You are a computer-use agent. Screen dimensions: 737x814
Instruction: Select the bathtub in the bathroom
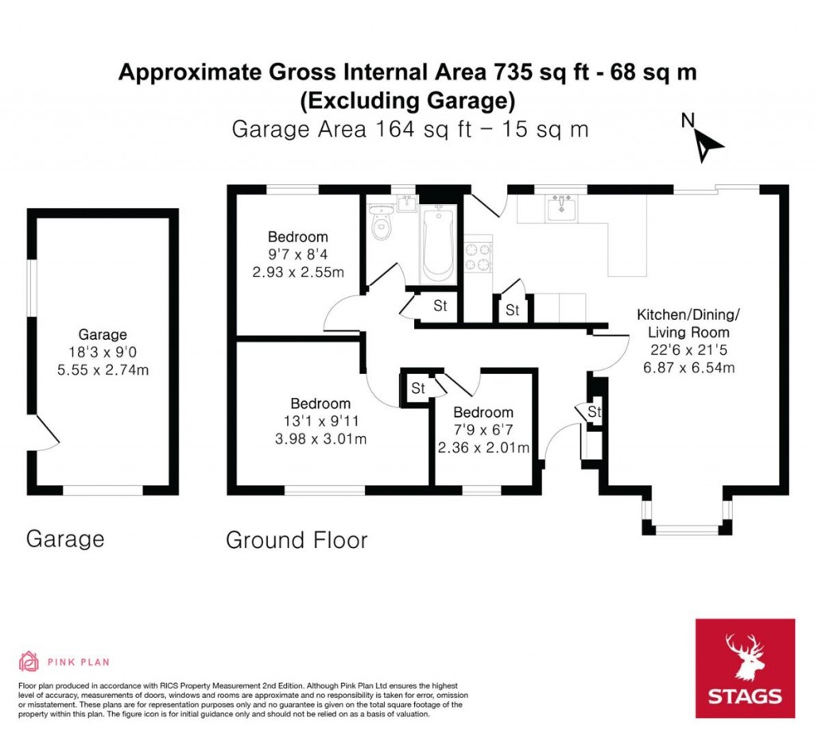tap(439, 243)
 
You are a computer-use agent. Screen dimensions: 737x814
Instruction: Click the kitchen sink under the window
tap(561, 209)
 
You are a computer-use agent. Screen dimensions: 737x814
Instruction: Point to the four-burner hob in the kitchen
tap(479, 256)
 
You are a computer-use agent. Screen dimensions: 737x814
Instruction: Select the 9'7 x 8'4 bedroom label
tap(297, 255)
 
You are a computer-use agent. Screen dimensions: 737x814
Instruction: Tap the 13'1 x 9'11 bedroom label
tap(320, 421)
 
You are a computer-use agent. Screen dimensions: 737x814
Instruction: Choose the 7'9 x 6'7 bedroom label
tap(483, 430)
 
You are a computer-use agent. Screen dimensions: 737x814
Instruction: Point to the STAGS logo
tap(745, 668)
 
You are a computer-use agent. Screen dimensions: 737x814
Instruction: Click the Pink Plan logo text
tap(78, 662)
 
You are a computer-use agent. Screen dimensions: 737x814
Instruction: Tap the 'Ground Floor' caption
tap(297, 541)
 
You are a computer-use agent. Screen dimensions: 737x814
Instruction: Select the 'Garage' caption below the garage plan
tap(65, 539)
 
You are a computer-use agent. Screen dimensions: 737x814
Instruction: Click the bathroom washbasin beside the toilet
tap(407, 203)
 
